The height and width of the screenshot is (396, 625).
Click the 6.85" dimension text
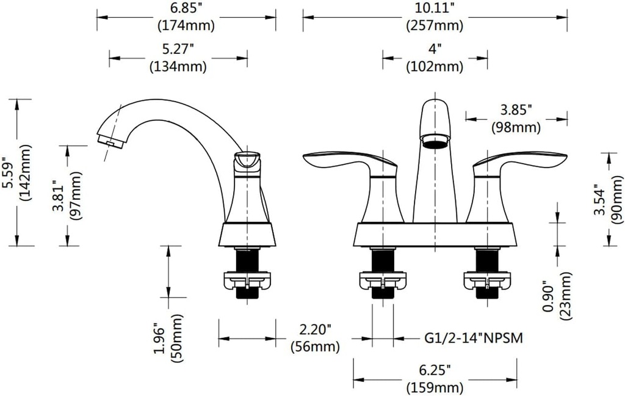point(186,10)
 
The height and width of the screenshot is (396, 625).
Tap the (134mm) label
point(178,67)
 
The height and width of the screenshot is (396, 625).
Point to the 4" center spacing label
point(435,48)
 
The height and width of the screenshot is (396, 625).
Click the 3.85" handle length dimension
point(516,110)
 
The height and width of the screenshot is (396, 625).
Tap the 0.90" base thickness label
point(549,299)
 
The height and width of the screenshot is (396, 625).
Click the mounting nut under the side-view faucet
point(247,281)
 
